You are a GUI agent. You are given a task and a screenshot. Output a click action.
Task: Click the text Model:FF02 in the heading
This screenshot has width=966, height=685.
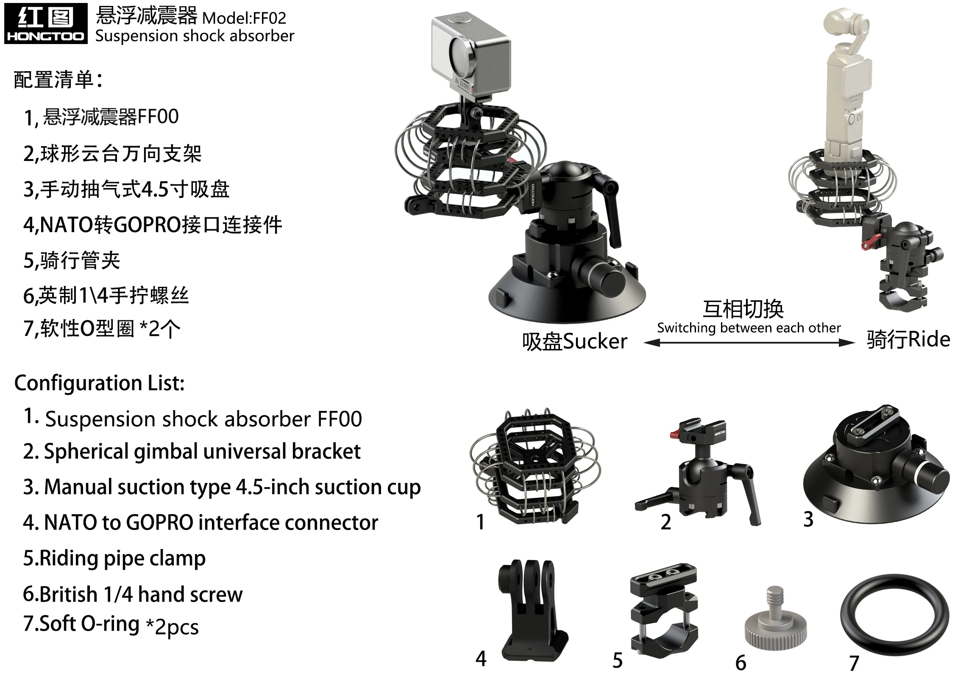point(244,18)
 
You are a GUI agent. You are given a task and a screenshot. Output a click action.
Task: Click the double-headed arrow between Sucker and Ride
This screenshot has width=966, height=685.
point(749,343)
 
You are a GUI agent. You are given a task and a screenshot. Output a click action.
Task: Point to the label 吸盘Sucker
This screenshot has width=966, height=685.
point(574,341)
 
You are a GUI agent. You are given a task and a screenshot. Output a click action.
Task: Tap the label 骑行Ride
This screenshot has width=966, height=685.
point(908,340)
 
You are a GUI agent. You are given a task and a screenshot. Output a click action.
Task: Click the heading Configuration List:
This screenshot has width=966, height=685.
point(100,383)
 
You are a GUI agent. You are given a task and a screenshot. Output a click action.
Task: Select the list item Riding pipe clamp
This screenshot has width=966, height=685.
point(114,558)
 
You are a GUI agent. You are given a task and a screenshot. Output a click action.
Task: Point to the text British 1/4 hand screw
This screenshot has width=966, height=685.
point(133,594)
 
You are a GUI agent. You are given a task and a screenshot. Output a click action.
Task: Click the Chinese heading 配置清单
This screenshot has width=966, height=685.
point(58,79)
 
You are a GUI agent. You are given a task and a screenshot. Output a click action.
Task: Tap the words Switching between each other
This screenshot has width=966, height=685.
point(749,327)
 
